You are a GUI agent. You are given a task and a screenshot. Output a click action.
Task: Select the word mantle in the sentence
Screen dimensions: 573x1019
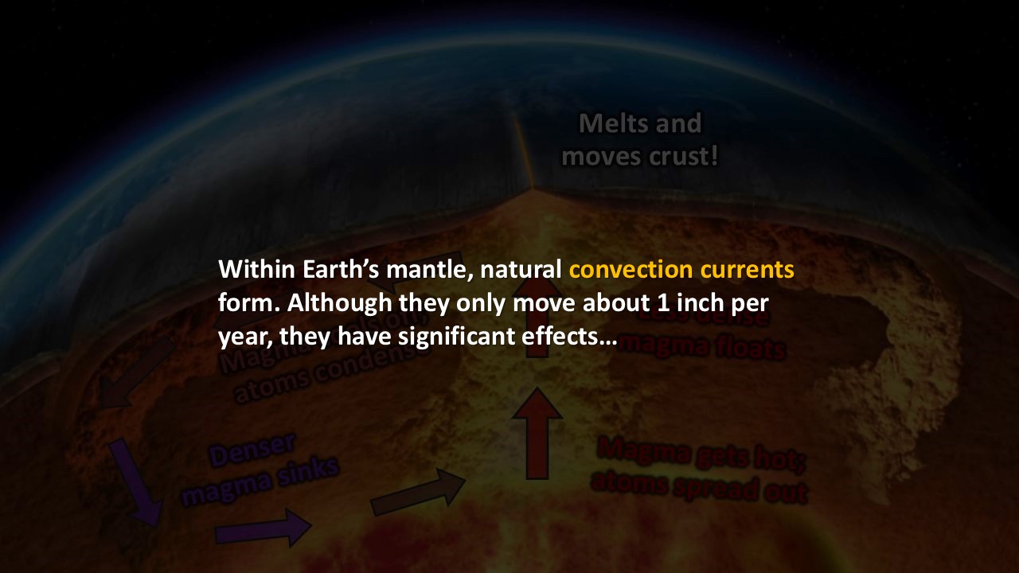pyautogui.click(x=433, y=269)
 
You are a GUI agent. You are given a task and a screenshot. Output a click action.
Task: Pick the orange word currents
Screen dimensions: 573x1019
pyautogui.click(x=748, y=269)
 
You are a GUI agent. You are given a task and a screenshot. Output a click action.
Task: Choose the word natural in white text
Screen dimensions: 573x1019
pyautogui.click(x=521, y=269)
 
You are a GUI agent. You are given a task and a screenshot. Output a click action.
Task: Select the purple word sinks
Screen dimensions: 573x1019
pyautogui.click(x=310, y=472)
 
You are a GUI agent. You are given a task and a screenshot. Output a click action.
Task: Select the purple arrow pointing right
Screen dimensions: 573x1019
pyautogui.click(x=263, y=528)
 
